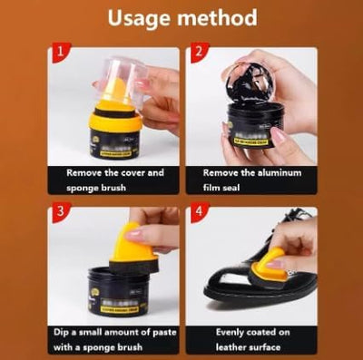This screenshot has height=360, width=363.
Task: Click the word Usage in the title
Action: tap(142, 17)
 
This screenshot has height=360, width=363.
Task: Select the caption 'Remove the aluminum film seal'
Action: tap(250, 180)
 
